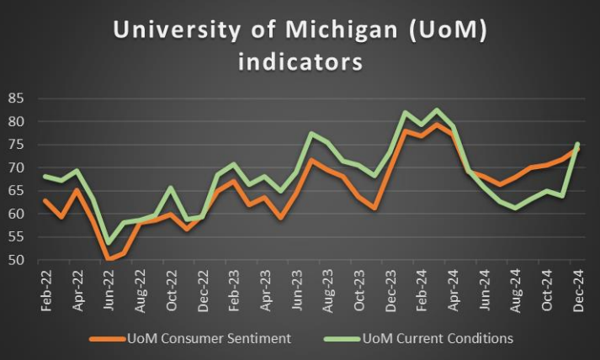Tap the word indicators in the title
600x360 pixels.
(x=300, y=62)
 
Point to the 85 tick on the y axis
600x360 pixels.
(x=17, y=98)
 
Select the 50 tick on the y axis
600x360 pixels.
(x=17, y=260)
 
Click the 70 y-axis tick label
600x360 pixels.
(x=17, y=167)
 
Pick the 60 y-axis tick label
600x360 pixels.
(x=17, y=214)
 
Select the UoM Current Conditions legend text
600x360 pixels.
(x=437, y=339)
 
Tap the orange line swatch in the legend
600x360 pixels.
(x=106, y=339)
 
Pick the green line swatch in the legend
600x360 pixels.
(x=336, y=339)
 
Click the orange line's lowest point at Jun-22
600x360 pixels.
(x=108, y=259)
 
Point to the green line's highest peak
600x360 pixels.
(x=436, y=110)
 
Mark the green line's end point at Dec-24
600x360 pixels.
(x=577, y=144)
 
